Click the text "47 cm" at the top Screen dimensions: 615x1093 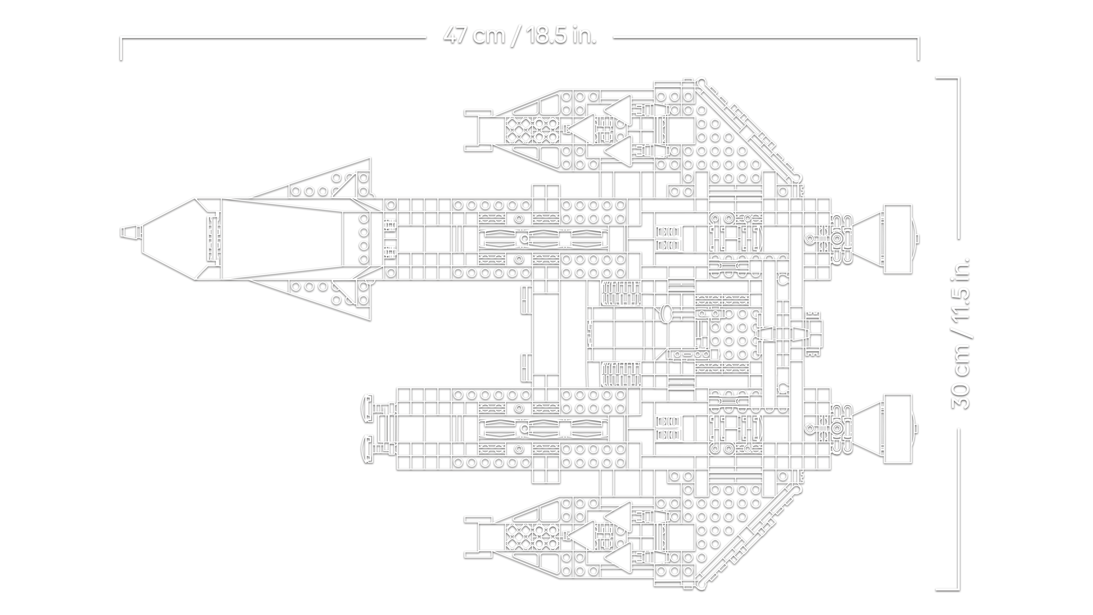pyautogui.click(x=474, y=35)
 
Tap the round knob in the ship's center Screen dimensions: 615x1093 pyautogui.click(x=665, y=313)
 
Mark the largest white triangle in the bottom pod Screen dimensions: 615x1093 pyautogui.click(x=583, y=537)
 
